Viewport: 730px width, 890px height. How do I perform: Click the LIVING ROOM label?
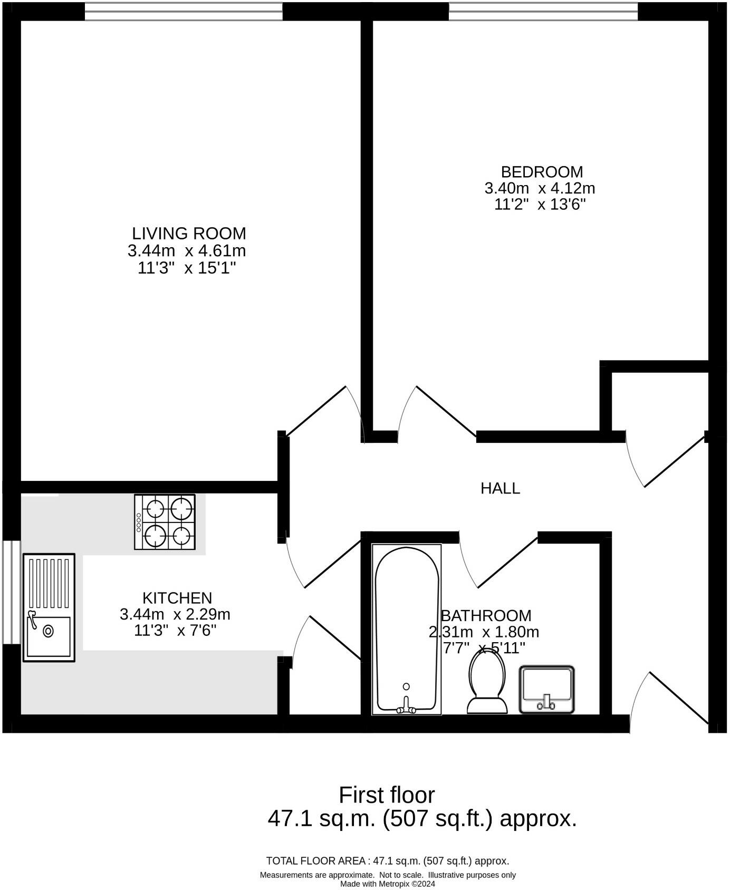coord(189,233)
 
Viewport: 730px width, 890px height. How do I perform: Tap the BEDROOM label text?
coord(542,172)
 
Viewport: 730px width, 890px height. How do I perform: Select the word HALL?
coord(500,488)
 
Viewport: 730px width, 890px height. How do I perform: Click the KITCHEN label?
coord(177,598)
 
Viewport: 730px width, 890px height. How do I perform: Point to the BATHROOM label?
coord(486,615)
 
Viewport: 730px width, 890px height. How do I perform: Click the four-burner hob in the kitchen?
coord(165,522)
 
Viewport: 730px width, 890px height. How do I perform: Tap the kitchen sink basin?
coord(49,636)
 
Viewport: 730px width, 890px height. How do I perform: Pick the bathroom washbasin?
coord(546,689)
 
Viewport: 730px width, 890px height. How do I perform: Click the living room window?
coord(184,12)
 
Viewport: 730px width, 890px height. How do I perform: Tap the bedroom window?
coord(543,12)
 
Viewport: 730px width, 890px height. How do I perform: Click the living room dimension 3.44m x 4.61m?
coord(187,250)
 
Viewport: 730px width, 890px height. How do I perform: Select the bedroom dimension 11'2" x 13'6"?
coord(540,205)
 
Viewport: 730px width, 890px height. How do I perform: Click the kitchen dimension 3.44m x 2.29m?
coord(175,614)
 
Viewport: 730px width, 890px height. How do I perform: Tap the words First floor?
coord(387,795)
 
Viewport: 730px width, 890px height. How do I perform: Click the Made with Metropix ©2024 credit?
coord(388,884)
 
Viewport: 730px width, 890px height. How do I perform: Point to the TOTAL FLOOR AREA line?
coord(388,861)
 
